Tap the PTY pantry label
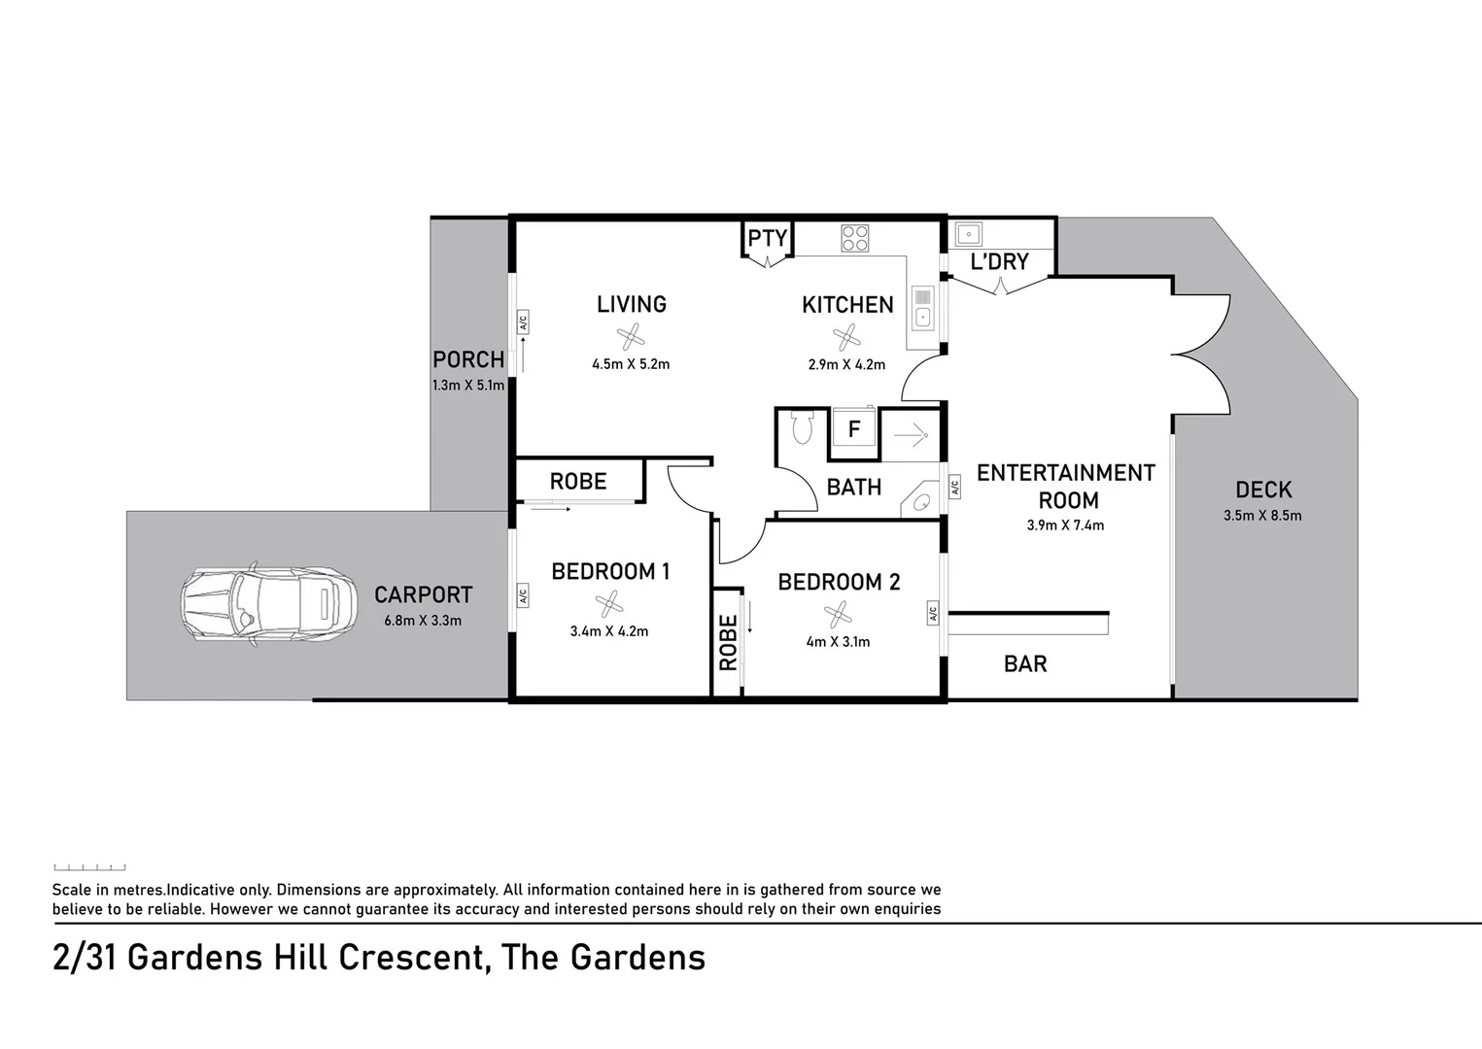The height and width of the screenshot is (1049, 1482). click(x=767, y=238)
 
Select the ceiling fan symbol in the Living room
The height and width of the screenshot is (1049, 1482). click(x=631, y=338)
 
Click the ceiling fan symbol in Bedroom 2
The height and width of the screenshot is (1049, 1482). click(x=838, y=614)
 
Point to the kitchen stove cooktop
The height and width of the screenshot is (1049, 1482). click(x=854, y=238)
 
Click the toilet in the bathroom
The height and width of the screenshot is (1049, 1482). click(x=802, y=427)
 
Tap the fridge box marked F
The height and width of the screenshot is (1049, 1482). click(x=854, y=429)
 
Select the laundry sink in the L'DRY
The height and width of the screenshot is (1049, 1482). click(x=968, y=234)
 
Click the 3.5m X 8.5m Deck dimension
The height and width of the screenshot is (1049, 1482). click(x=1262, y=516)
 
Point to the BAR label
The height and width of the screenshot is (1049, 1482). click(x=1025, y=664)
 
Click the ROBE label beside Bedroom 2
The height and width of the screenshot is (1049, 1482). click(x=728, y=643)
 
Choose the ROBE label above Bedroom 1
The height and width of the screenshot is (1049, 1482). click(x=578, y=482)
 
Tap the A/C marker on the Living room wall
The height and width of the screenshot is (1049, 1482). click(x=522, y=322)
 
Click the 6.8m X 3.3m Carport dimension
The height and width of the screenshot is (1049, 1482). click(x=423, y=621)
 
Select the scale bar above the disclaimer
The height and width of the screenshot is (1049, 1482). click(x=89, y=867)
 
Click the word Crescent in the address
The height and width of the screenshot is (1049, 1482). click(x=412, y=958)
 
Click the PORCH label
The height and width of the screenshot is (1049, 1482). click(x=468, y=360)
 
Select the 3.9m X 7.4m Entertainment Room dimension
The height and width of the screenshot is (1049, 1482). click(x=1065, y=525)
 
